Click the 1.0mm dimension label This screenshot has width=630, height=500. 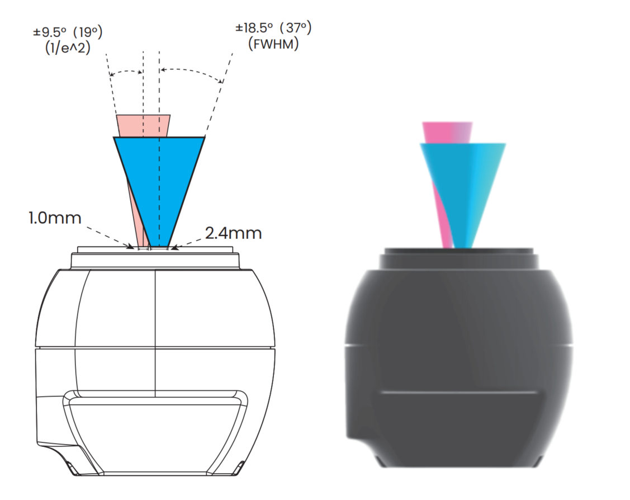tap(55, 218)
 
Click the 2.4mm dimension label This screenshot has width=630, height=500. tap(233, 233)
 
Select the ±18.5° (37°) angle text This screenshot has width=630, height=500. tap(272, 27)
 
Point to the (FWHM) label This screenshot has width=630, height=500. tap(272, 44)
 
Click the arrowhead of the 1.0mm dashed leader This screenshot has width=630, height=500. tap(132, 246)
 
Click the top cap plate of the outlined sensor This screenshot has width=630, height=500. tap(155, 259)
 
